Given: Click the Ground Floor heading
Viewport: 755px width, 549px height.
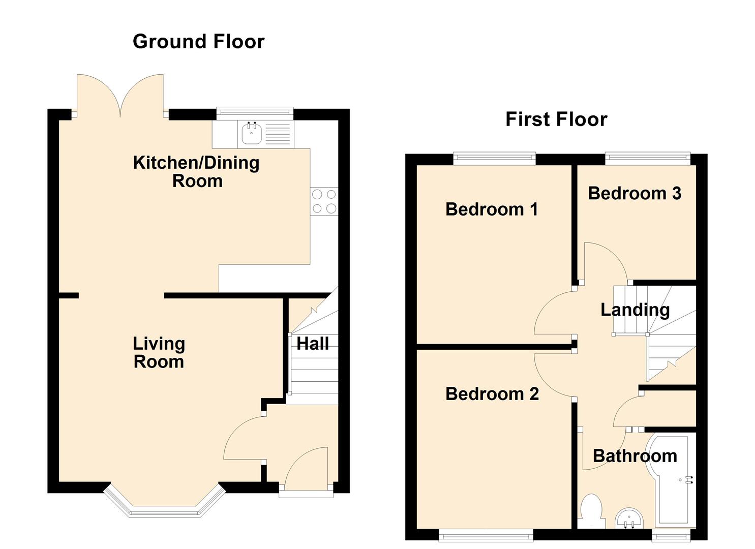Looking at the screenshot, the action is (198, 42).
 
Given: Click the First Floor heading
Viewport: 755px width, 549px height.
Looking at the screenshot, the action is (557, 119).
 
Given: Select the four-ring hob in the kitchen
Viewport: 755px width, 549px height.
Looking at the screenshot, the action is (324, 201).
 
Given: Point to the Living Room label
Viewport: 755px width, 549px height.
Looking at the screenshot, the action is (159, 352).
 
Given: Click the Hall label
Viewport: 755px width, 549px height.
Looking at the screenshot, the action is (313, 344).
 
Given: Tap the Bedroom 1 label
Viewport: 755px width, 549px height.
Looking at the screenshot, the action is (492, 209).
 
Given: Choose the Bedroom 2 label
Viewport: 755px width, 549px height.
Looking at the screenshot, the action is (492, 393).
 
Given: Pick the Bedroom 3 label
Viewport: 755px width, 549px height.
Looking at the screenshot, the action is (635, 193).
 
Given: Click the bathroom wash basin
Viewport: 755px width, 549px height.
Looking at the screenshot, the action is (629, 518).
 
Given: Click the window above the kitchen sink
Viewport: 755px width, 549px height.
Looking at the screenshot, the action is (255, 113).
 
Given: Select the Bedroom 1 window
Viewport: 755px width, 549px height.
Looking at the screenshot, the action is (495, 159).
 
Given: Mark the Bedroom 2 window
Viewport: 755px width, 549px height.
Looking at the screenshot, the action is (486, 535).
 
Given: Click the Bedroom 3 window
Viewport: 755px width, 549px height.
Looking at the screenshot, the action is (648, 159).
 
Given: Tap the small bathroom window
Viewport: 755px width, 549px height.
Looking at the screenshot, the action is (671, 535).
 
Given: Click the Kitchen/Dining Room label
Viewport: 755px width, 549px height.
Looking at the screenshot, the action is (196, 172).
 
